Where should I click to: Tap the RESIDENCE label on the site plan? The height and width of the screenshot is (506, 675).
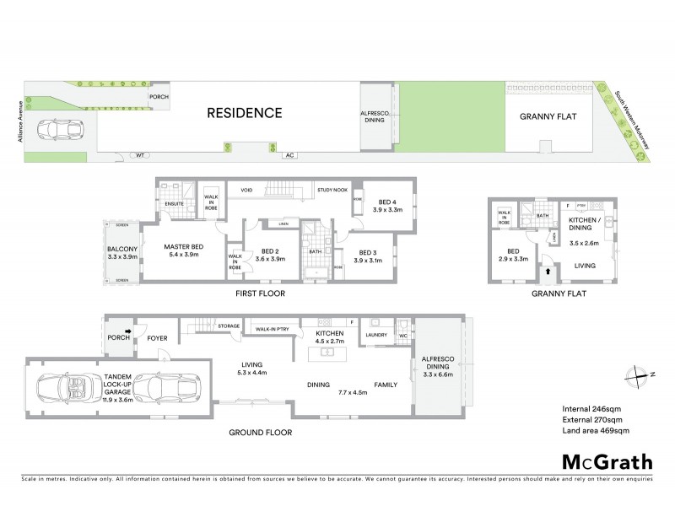point(245,112)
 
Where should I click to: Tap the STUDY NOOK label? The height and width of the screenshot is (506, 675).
point(332,191)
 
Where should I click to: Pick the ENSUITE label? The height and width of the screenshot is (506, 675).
point(175,203)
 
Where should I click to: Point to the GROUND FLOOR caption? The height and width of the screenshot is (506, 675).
point(260,433)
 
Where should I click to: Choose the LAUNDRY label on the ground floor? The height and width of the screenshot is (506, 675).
point(376,335)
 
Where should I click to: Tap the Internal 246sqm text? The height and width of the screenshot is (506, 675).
point(593,409)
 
